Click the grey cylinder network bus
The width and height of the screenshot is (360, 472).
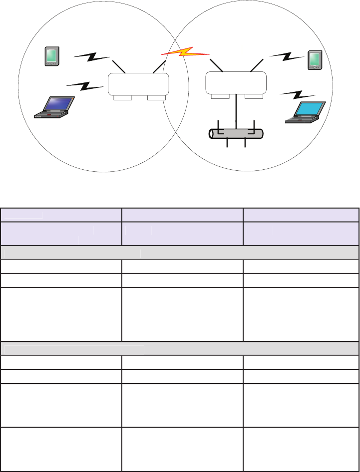click(236, 133)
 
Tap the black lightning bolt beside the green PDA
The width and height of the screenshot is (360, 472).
click(92, 57)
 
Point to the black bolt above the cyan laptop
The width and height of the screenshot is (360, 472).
click(298, 94)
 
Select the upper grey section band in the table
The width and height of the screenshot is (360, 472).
click(180, 253)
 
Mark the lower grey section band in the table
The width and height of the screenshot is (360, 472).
click(180, 348)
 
